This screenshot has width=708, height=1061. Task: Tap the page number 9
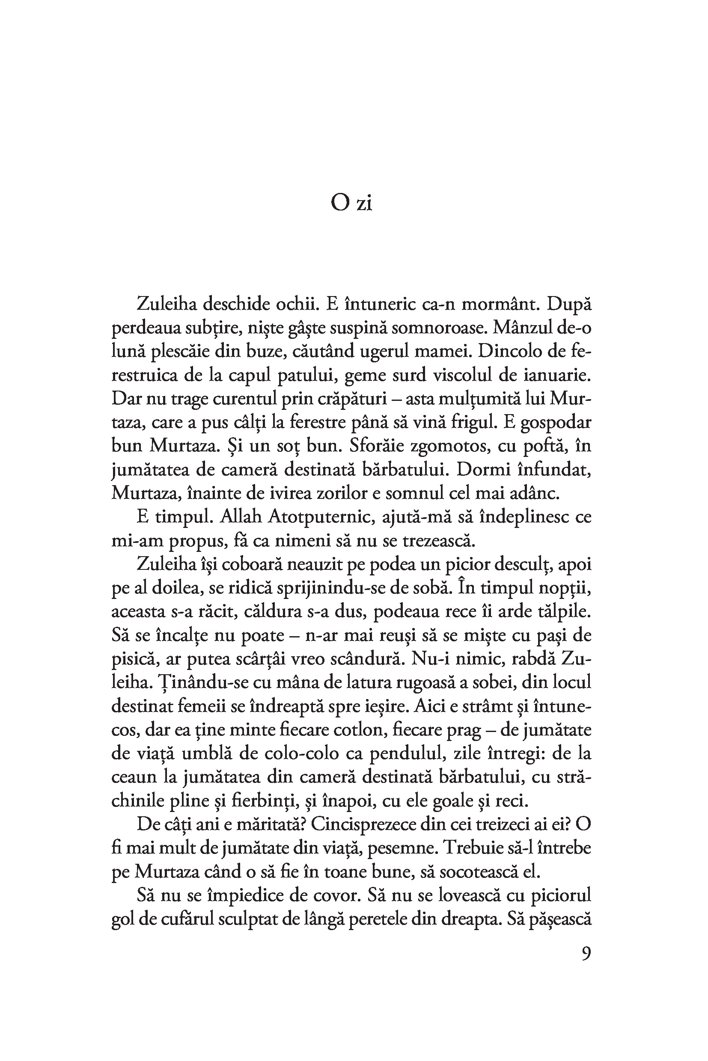[x=586, y=954]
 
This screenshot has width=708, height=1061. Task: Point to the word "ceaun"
[x=134, y=778]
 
